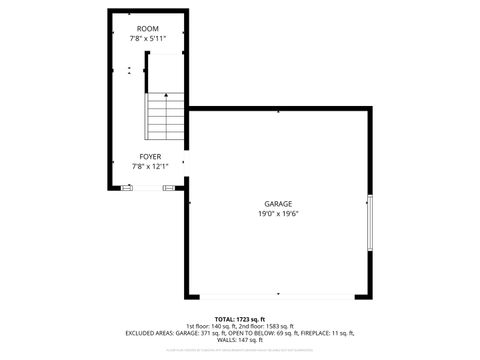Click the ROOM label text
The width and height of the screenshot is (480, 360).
[x=147, y=29]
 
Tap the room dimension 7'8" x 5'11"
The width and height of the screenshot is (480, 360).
[x=147, y=38]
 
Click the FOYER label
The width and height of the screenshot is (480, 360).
[x=151, y=157]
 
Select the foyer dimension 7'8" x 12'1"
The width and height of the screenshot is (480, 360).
[x=151, y=166]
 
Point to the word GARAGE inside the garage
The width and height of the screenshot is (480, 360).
[x=278, y=203]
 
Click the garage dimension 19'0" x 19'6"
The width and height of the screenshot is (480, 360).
[x=278, y=213]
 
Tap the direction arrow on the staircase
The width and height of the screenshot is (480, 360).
[x=165, y=98]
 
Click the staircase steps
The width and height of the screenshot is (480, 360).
[x=166, y=118]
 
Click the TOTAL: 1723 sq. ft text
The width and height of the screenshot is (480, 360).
[x=239, y=319]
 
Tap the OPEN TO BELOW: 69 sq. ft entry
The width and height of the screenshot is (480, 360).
[x=258, y=333]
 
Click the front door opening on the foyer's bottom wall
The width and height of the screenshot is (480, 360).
[x=149, y=187]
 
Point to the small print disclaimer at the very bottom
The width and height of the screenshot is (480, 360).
[x=239, y=350]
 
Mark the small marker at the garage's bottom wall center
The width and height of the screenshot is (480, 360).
[x=279, y=294]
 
